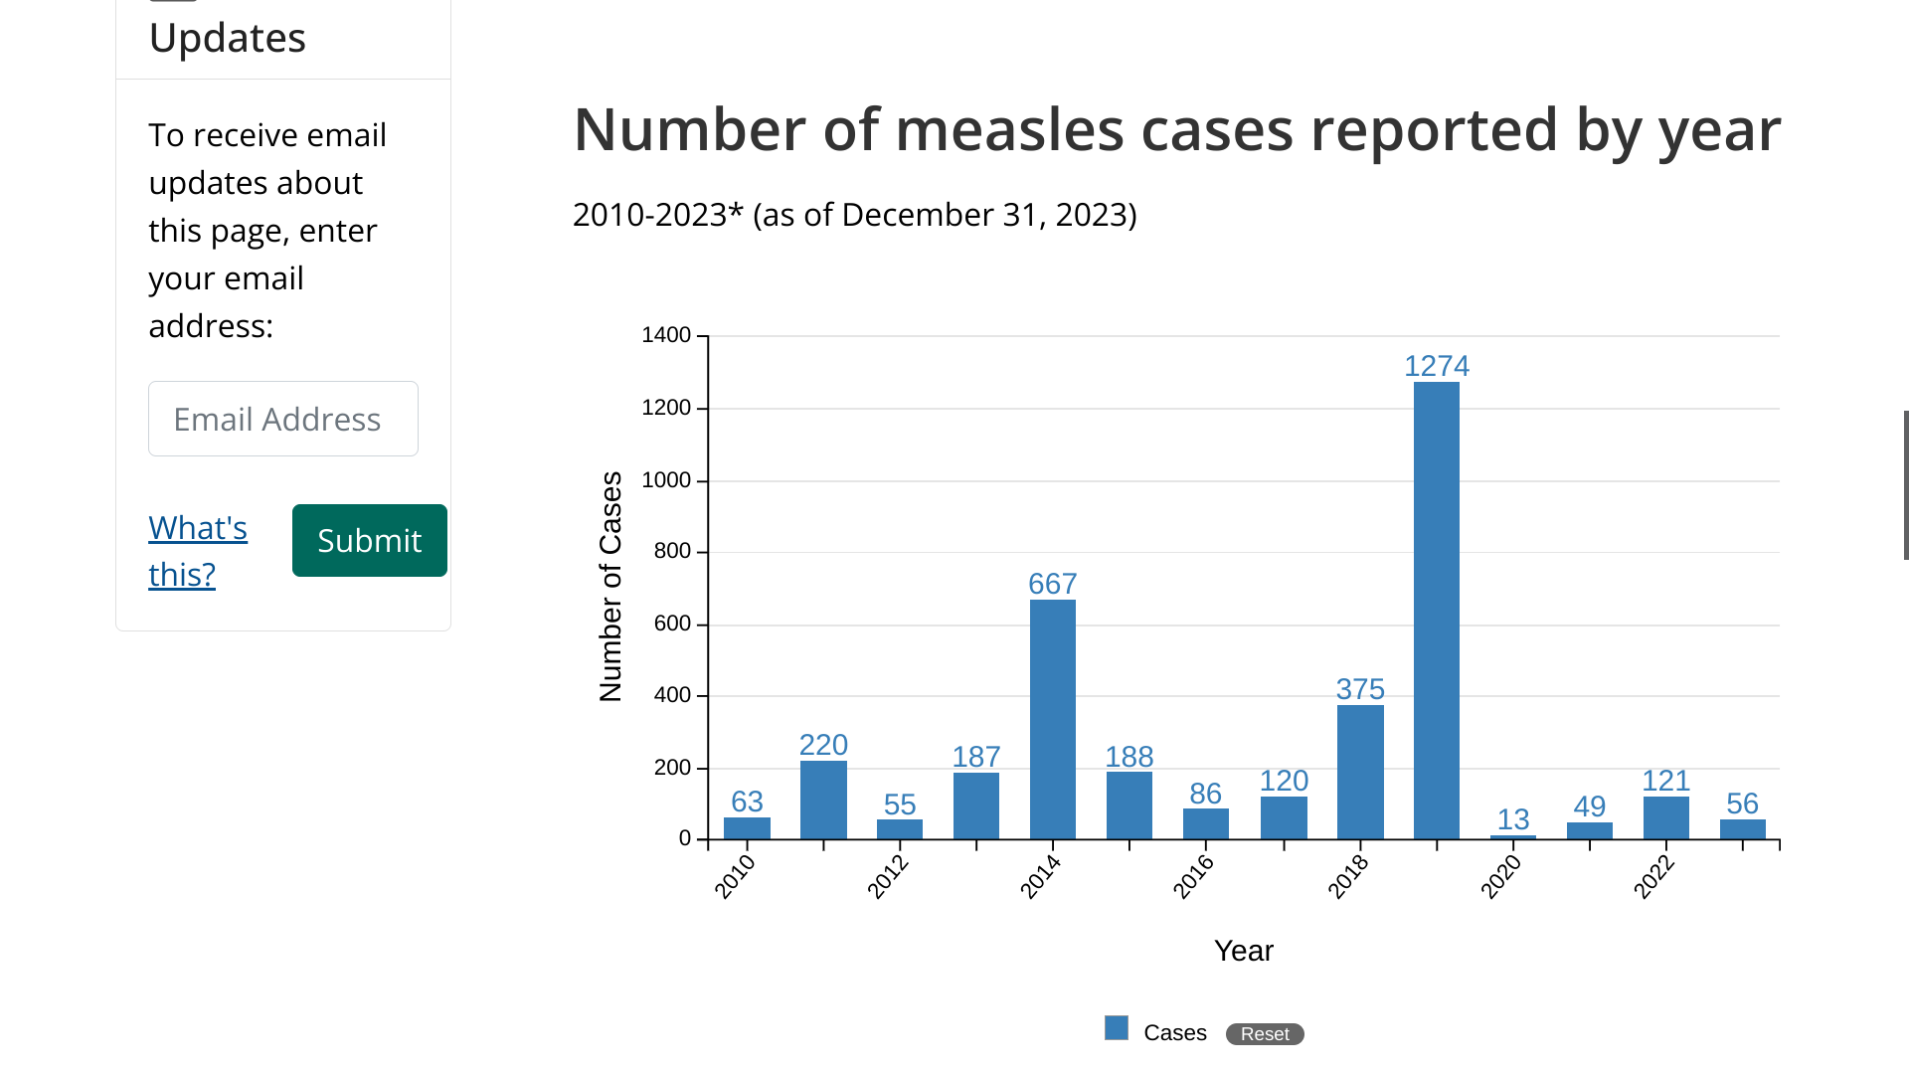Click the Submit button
point(369,540)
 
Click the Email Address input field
point(283,419)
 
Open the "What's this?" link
point(197,551)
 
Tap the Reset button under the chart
point(1264,1034)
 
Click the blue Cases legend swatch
point(1117,1028)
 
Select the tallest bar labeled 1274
point(1437,610)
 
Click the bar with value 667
point(1053,719)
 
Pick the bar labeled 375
point(1360,772)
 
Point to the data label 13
point(1513,819)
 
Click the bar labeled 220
point(823,800)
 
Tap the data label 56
point(1742,804)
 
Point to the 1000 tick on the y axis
point(666,480)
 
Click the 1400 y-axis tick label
point(666,335)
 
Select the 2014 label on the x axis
point(1041,877)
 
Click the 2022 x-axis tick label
point(1654,877)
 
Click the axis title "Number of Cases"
point(610,587)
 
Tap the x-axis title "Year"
point(1243,951)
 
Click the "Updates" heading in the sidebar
point(228,38)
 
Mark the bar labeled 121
point(1666,817)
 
